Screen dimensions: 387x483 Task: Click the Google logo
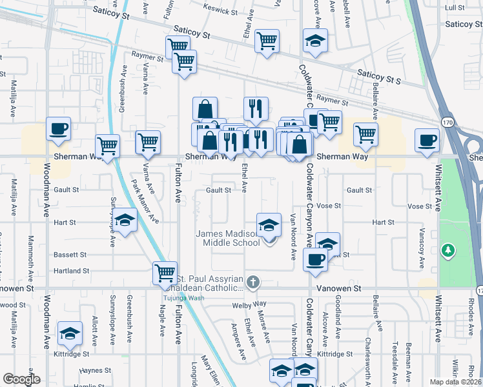(x=21, y=379)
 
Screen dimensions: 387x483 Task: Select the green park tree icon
(x=447, y=250)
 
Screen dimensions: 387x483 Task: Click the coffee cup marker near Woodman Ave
(x=59, y=128)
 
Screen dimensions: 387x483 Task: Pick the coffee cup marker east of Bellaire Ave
(x=427, y=140)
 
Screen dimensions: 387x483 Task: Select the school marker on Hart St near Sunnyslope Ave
(x=125, y=221)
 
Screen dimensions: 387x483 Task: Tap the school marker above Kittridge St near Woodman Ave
(x=70, y=333)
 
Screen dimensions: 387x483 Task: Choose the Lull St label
(x=455, y=7)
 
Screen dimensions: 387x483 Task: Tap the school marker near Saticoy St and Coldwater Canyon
(x=315, y=41)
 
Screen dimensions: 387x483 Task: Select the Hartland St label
(x=72, y=271)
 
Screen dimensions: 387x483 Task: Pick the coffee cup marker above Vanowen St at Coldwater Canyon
(x=315, y=259)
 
